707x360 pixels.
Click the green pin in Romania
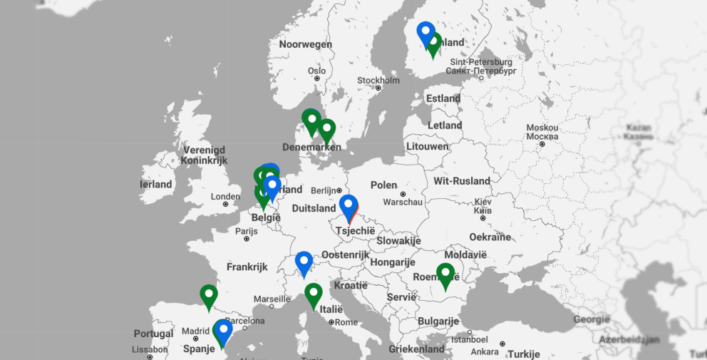445,274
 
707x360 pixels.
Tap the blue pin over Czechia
348,206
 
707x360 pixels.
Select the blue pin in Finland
425,33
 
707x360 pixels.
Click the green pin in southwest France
208,296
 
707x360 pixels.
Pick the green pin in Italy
314,294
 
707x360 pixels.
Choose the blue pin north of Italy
304,262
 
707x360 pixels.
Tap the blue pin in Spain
224,331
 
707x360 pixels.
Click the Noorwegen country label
305,44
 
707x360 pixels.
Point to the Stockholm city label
378,80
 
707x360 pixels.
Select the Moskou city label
542,128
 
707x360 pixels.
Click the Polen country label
383,185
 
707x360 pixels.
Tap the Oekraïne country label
490,237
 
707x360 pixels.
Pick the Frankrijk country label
247,267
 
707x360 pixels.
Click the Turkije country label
524,354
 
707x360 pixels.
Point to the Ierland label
156,184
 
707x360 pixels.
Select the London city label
225,196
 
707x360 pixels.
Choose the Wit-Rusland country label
462,181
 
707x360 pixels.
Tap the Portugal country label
153,334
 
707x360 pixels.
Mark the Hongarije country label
391,262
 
